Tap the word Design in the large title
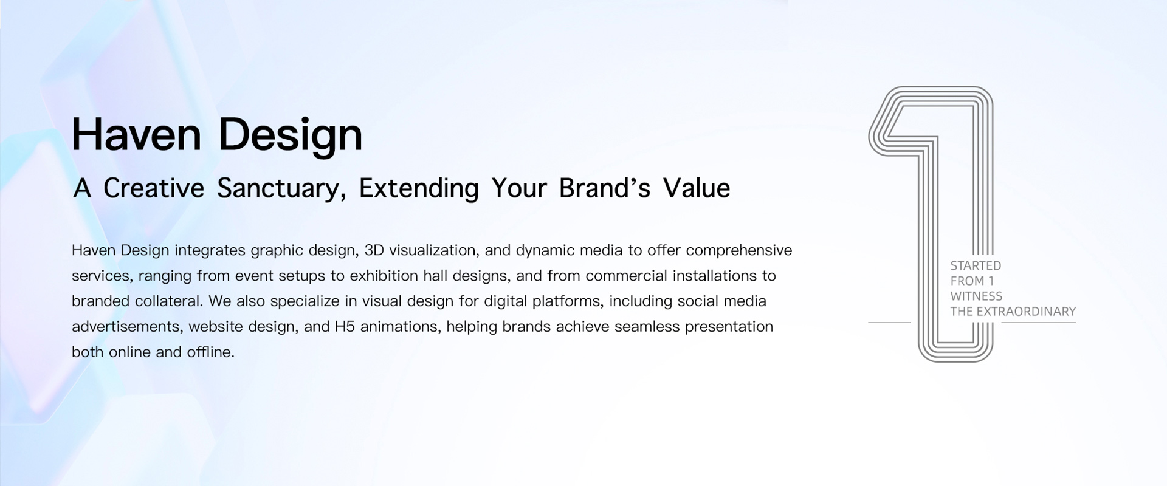(291, 137)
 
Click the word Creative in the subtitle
(154, 188)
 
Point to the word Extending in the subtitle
(419, 189)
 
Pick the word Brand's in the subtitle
(605, 188)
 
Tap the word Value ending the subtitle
(697, 188)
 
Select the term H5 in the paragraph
(345, 327)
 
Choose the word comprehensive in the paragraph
(739, 251)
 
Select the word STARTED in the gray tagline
(976, 265)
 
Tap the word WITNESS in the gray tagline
(976, 296)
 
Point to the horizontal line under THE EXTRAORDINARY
(1038, 323)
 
